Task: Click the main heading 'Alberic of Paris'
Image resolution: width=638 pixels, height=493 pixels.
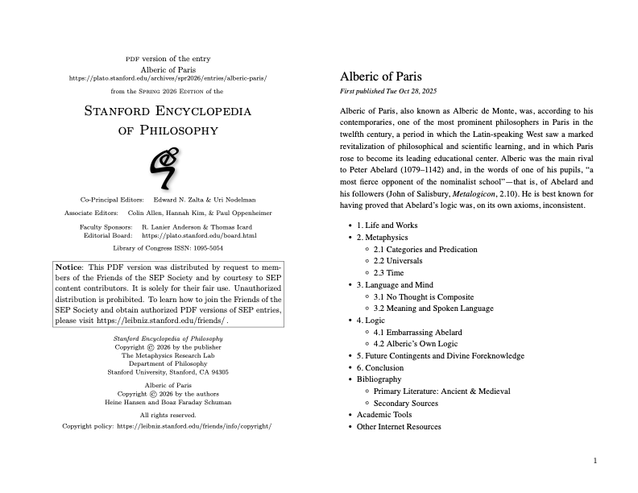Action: (380, 77)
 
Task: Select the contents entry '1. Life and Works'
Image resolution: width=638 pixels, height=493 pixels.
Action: (387, 226)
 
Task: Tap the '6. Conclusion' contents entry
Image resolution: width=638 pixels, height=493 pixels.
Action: (380, 367)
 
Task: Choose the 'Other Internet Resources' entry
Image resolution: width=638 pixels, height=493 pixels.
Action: (399, 426)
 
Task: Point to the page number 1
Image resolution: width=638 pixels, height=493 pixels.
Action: (594, 461)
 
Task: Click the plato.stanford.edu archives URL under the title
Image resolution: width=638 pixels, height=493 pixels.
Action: (168, 79)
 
